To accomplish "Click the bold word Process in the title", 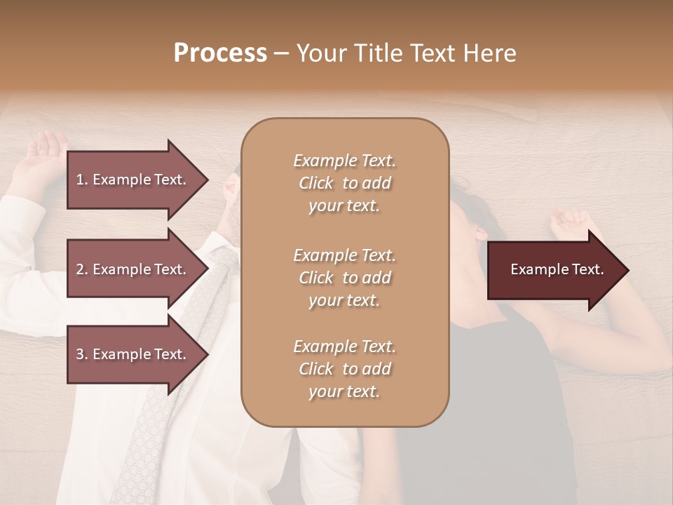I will [x=220, y=53].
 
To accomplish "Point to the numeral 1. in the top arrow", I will [x=82, y=180].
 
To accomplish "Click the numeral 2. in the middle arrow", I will [x=82, y=269].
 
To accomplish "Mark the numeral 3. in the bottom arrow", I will [x=82, y=354].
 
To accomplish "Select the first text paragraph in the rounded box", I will [x=344, y=183].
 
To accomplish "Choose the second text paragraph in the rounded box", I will [x=344, y=278].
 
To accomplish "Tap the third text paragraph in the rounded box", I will [x=344, y=369].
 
